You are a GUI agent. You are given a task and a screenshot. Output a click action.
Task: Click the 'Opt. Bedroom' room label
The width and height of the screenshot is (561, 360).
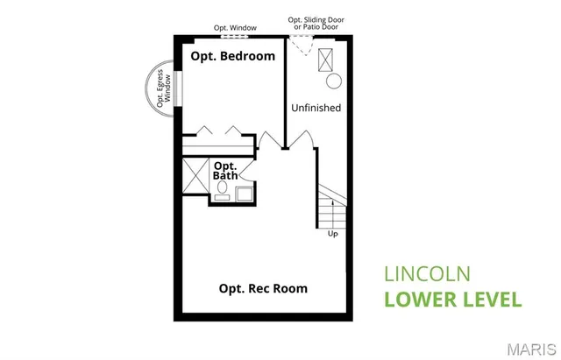tap(233, 56)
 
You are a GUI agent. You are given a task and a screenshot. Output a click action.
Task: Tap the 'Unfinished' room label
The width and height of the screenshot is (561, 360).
tap(316, 108)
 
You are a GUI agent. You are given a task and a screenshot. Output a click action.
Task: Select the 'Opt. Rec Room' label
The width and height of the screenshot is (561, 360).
tap(263, 288)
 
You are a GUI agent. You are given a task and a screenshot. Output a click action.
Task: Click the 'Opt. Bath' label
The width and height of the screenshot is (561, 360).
tap(225, 171)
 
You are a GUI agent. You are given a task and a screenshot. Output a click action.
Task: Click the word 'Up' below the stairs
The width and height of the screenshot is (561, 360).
tap(332, 234)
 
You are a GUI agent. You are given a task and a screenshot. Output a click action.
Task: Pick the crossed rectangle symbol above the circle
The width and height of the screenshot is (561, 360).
tap(329, 59)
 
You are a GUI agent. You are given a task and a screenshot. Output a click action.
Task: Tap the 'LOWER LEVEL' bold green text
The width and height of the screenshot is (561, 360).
tap(453, 299)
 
